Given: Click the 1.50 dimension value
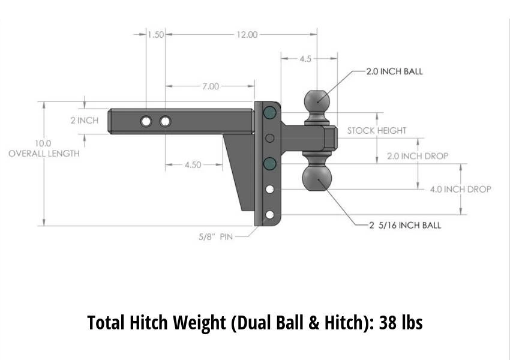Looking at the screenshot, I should (156, 35).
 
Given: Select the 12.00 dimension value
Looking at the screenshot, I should (246, 35).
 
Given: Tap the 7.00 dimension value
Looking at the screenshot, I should (210, 86).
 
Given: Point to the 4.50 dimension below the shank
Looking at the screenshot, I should (193, 165).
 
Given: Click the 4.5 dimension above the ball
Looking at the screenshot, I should (305, 59).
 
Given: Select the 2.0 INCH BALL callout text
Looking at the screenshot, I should (394, 71).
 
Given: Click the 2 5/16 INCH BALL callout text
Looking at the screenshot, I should (405, 225).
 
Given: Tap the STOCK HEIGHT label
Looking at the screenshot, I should (376, 130).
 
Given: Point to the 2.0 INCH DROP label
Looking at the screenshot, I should (417, 156).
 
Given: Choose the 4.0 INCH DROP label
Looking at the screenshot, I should (460, 189).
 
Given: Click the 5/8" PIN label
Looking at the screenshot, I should (215, 237).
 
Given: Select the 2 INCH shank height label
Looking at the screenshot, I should (84, 121).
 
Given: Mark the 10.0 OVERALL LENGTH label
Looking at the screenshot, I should (43, 149).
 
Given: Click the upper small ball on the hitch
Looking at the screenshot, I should (317, 101).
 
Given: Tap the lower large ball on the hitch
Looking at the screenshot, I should (316, 178).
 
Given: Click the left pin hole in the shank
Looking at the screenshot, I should (146, 122).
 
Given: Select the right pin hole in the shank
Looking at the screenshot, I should (165, 122).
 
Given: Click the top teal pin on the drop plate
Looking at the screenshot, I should (269, 112).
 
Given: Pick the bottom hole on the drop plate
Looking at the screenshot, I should (270, 215).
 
